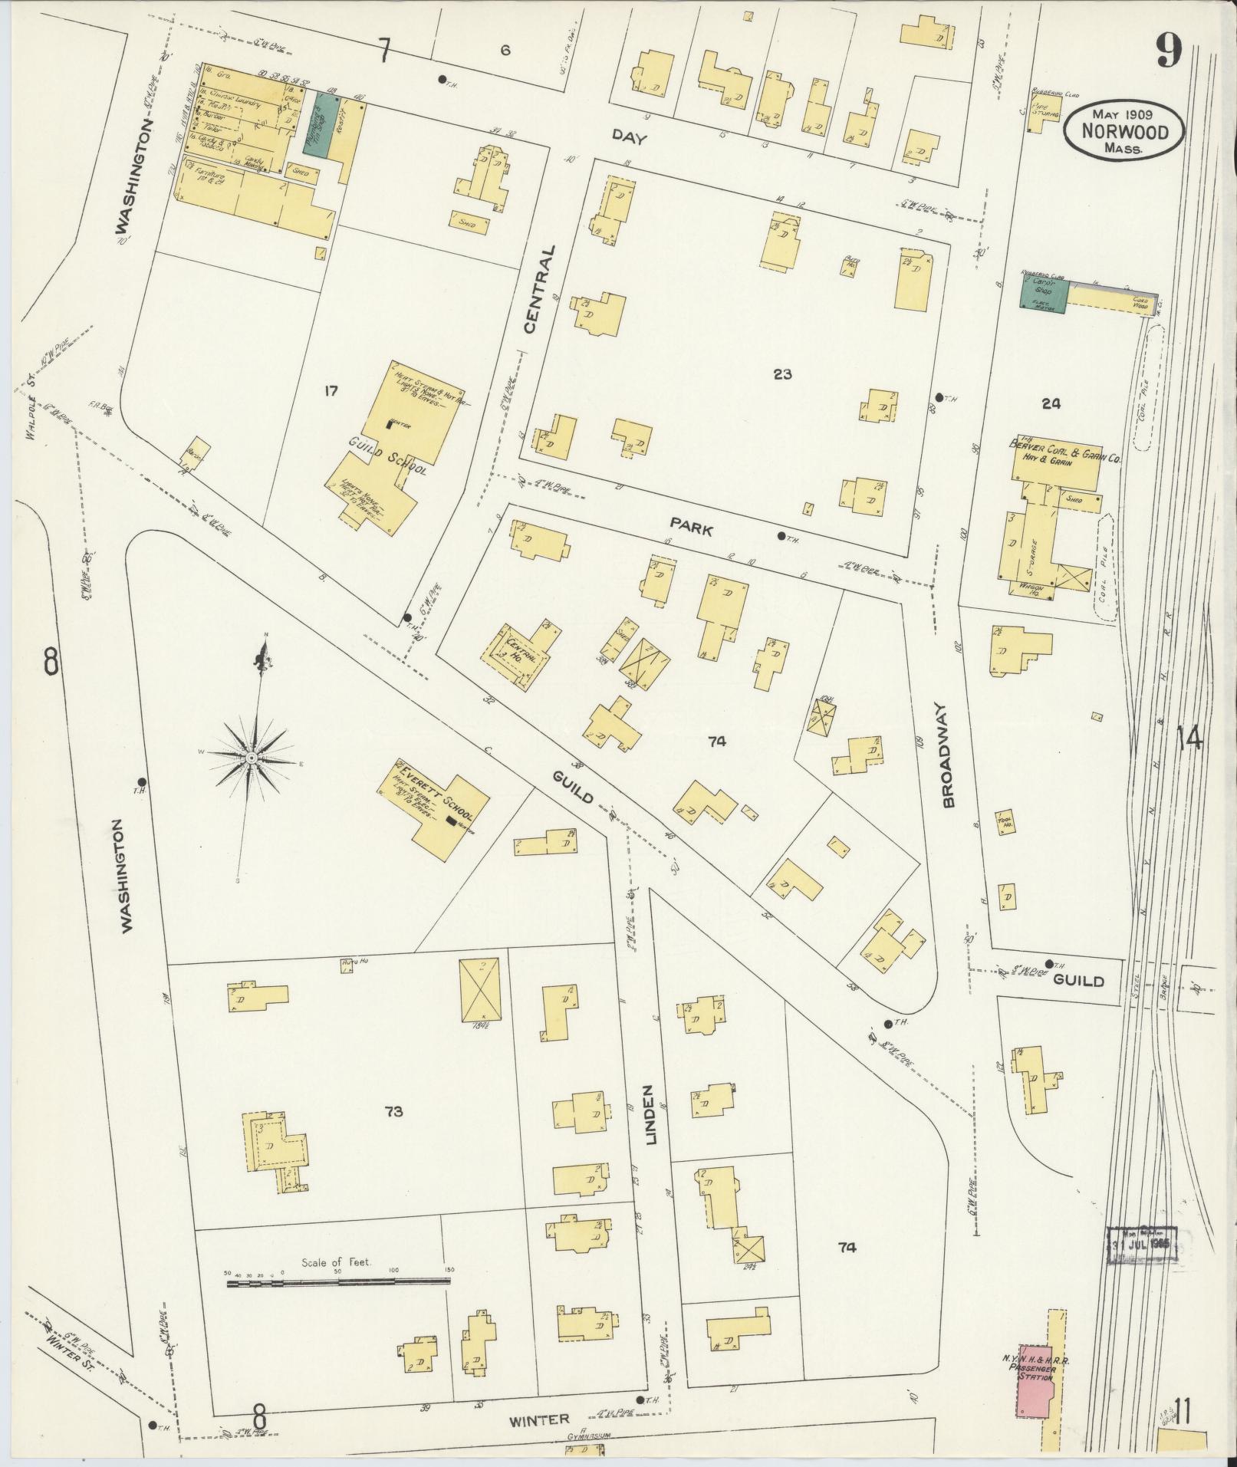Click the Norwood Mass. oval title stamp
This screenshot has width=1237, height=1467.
(x=1123, y=131)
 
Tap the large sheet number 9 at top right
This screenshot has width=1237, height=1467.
(x=1169, y=52)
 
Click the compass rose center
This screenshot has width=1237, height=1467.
(x=252, y=758)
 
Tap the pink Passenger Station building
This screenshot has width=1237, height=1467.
(x=1035, y=1379)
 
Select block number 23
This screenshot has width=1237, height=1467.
(x=782, y=374)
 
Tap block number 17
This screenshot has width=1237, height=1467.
(x=331, y=391)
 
